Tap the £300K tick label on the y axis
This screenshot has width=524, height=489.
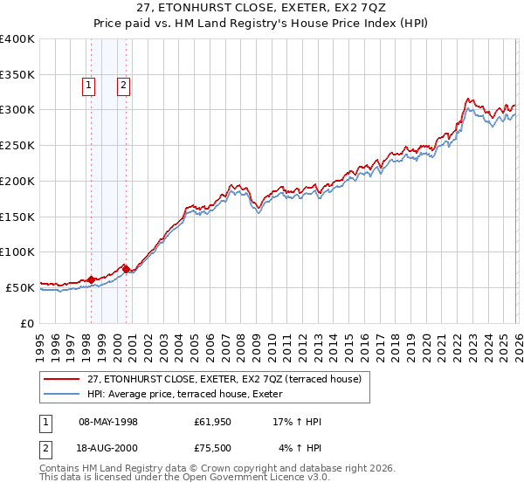coord(17,110)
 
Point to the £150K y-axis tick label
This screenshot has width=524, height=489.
coord(17,217)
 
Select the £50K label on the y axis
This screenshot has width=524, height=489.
coord(21,287)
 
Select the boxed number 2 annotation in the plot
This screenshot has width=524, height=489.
coord(124,86)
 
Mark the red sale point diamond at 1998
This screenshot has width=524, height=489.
coord(92,279)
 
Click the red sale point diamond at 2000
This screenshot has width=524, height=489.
coord(127,270)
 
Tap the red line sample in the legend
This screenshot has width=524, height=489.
coord(62,379)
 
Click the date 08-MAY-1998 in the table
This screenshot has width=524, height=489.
coord(108,422)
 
